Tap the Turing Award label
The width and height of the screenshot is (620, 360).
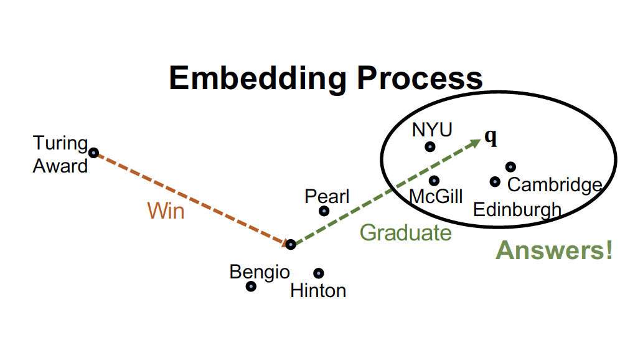[60, 154]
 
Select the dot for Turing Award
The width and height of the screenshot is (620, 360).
[93, 152]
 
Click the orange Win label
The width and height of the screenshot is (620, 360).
[166, 211]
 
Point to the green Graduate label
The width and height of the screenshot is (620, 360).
[405, 232]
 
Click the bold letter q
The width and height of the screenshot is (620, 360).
[491, 138]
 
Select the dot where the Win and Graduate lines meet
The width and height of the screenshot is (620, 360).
[291, 244]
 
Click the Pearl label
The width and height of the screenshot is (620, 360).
[327, 197]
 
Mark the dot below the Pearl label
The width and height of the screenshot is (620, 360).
[324, 211]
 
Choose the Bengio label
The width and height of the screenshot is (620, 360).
[260, 272]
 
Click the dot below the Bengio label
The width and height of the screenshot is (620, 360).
[251, 286]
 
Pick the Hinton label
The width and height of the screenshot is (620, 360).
[318, 290]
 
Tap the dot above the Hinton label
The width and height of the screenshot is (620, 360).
[319, 273]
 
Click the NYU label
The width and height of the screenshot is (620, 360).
[432, 130]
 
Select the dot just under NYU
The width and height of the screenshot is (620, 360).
[430, 146]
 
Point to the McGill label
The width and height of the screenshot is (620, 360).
[436, 196]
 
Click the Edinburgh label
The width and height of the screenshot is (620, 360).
[517, 209]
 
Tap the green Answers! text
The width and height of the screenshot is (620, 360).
[554, 250]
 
